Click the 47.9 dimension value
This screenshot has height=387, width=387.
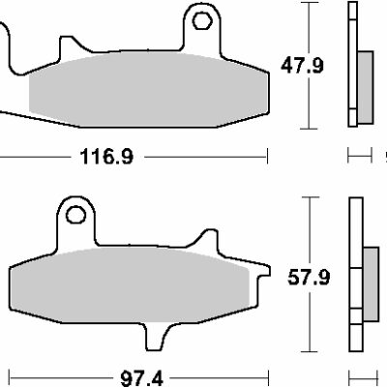(302, 66)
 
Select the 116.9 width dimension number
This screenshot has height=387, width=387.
(106, 157)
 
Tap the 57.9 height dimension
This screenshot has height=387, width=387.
(309, 278)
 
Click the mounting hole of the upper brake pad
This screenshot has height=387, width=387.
(202, 20)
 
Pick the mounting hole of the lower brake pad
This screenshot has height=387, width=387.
(75, 215)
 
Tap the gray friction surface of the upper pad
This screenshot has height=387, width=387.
(148, 89)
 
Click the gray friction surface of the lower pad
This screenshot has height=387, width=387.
(130, 284)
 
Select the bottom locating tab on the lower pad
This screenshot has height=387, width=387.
(158, 337)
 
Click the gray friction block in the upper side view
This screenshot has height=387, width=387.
(366, 87)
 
